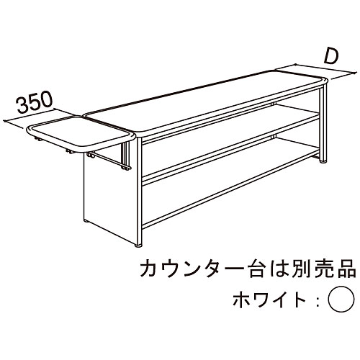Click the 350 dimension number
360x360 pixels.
click(x=35, y=102)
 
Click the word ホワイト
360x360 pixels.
click(x=269, y=300)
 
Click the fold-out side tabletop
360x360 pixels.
click(x=81, y=135)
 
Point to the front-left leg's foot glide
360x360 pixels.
click(x=138, y=246)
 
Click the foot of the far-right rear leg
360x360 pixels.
click(x=323, y=161)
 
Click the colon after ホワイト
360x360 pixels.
click(x=318, y=300)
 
